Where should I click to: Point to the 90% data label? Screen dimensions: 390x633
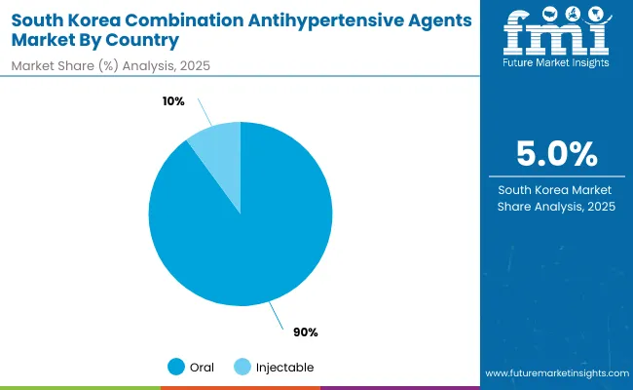click(x=306, y=332)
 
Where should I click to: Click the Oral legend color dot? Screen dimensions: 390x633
click(x=176, y=367)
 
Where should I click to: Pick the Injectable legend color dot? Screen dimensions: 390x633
click(x=243, y=367)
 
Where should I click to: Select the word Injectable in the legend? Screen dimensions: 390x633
click(x=284, y=367)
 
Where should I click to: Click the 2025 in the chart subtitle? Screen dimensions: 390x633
click(x=193, y=64)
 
